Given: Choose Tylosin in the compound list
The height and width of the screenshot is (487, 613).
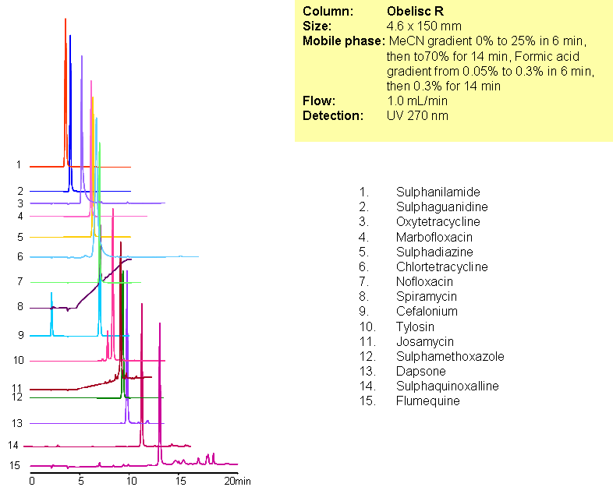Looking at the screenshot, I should pos(415,326).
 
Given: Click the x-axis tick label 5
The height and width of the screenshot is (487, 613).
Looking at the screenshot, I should pos(80,481).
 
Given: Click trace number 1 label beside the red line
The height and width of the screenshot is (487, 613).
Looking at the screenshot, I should pos(18,165).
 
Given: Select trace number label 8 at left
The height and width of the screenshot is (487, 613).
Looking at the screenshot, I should pos(20,307).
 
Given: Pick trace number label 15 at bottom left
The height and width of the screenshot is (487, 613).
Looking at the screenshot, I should pos(15,465).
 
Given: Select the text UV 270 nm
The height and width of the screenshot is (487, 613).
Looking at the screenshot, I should pos(417,115).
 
